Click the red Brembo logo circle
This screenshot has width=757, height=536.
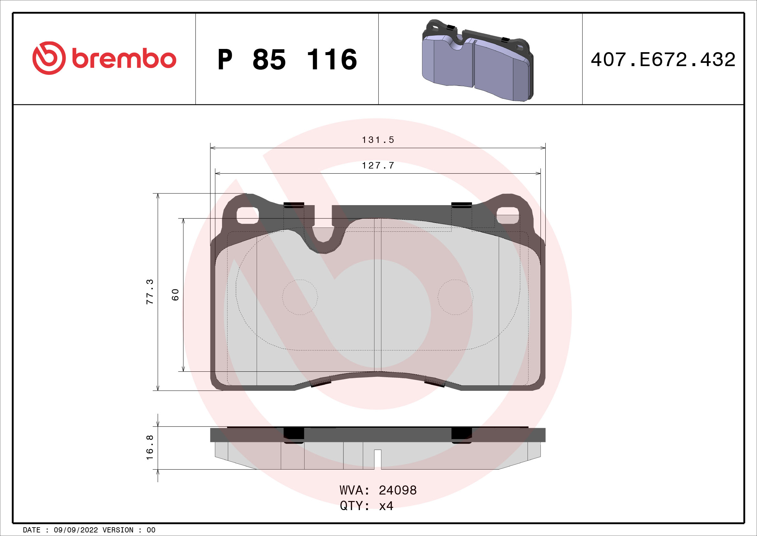click(49, 58)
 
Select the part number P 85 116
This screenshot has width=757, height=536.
click(287, 59)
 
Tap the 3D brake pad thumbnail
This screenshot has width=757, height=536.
click(478, 60)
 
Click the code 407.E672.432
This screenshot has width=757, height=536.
click(663, 60)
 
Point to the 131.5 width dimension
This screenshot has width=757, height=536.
click(378, 140)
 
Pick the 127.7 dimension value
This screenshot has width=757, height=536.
click(378, 165)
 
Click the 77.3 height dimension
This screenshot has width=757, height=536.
click(150, 291)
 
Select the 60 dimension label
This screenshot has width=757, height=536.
click(175, 295)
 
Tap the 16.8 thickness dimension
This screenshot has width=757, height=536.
click(150, 448)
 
